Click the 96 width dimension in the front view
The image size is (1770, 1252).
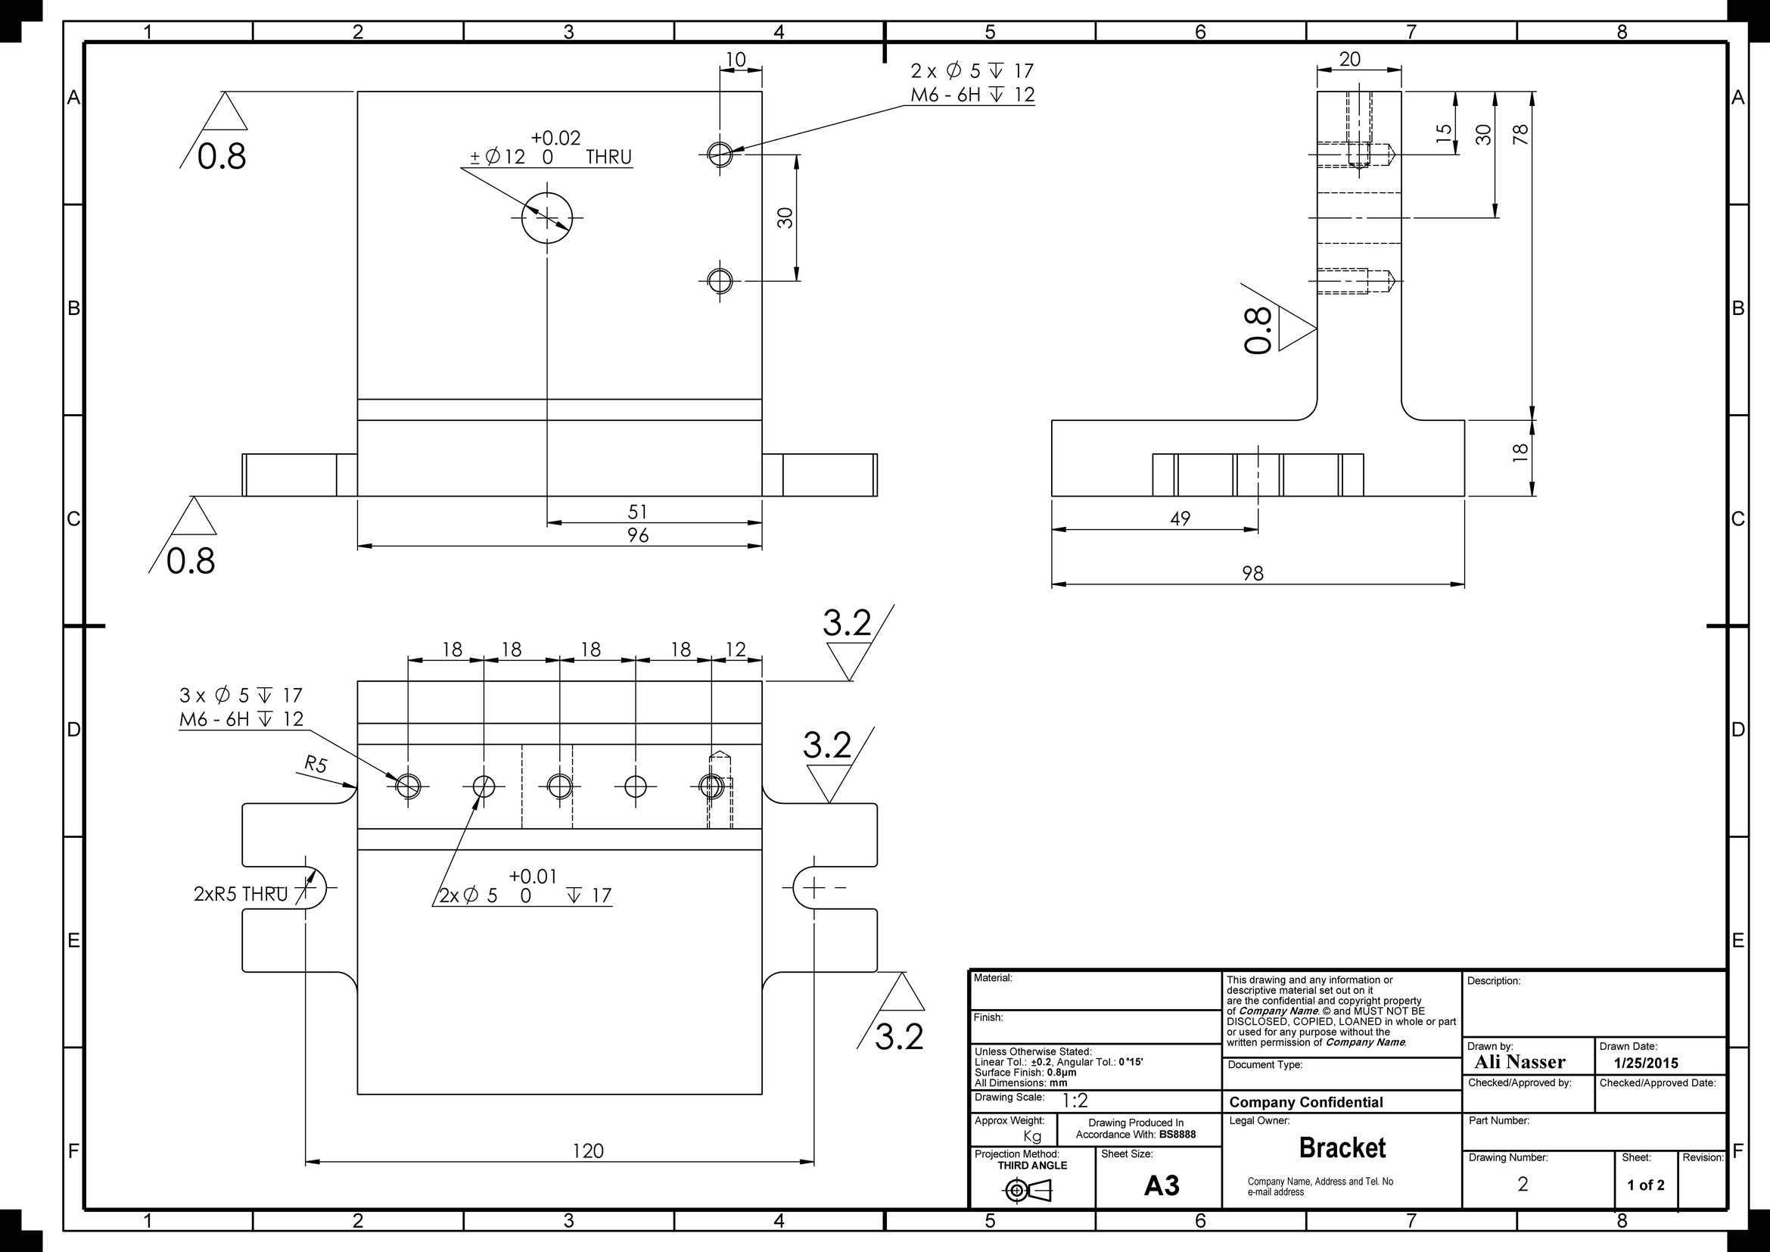[637, 535]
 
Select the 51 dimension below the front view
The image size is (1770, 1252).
[637, 512]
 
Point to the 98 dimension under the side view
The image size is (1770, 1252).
[1252, 574]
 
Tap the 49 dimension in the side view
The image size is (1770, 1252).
[1181, 519]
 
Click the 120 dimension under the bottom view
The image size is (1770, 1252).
[588, 1151]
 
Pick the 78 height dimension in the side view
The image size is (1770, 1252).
[1520, 134]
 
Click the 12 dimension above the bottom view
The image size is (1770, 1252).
[736, 650]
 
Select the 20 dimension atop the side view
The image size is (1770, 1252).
[1350, 59]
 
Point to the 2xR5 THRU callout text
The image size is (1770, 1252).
[241, 894]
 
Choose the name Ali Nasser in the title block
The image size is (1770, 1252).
[1520, 1062]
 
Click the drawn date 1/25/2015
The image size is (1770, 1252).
[1646, 1063]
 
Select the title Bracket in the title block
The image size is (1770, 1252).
[1342, 1148]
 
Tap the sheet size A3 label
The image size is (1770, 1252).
[1162, 1185]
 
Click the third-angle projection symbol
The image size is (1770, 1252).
[1028, 1192]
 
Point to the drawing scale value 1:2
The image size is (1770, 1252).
[1075, 1101]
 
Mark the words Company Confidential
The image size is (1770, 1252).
[1306, 1102]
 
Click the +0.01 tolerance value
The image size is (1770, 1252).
[533, 877]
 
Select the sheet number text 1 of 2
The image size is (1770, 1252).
[1646, 1185]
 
